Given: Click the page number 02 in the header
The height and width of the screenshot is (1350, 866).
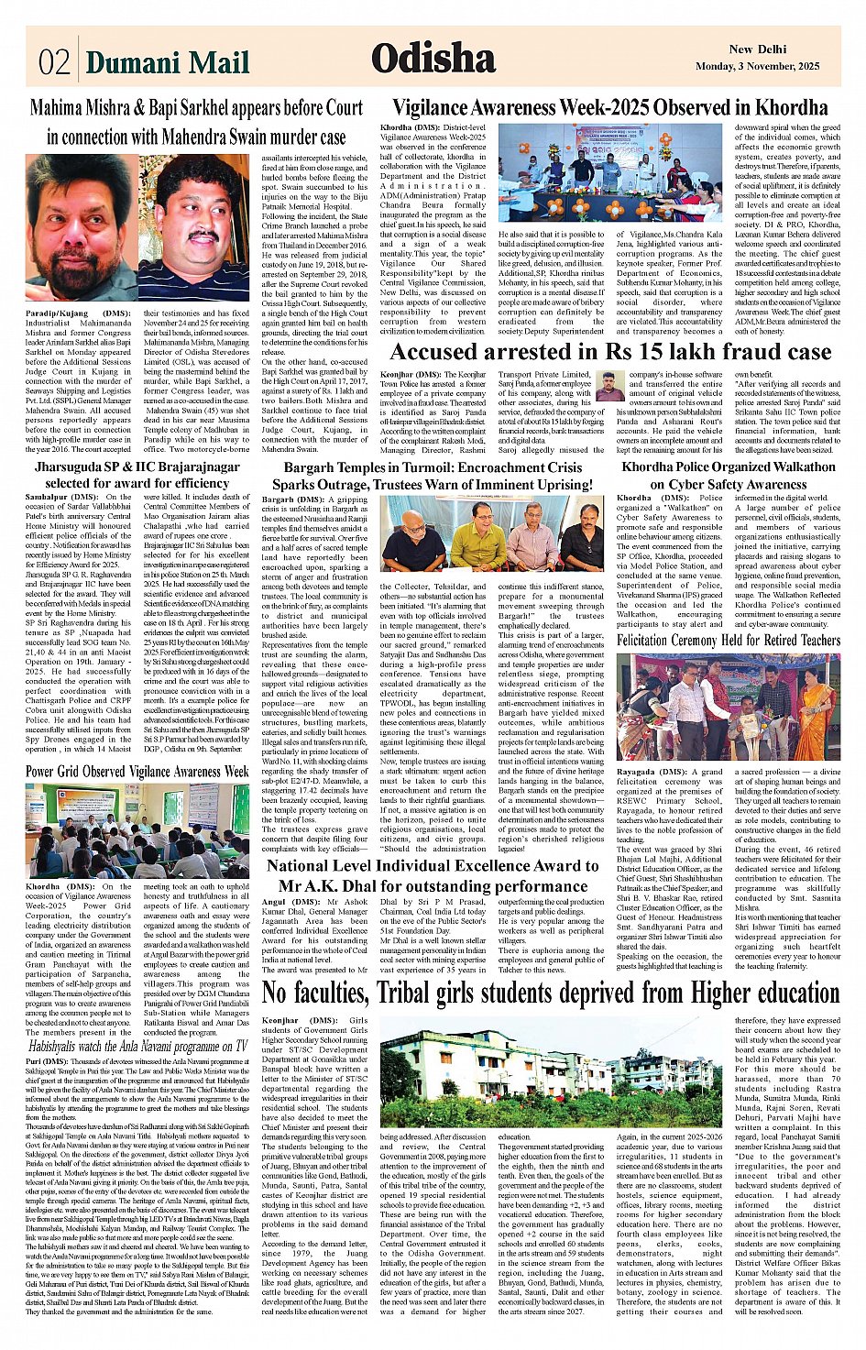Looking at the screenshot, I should click(54, 61).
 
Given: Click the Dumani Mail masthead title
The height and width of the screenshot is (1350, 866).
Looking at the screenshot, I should click(167, 62).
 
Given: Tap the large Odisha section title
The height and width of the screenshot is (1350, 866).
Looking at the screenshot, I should click(433, 59).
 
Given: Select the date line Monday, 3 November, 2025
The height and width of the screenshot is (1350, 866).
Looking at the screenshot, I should click(757, 67).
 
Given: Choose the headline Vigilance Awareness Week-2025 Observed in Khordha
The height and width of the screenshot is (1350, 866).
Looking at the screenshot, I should click(609, 107).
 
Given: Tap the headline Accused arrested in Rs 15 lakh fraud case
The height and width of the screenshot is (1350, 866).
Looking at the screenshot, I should click(610, 352).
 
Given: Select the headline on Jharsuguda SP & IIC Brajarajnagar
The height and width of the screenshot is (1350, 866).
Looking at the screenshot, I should click(137, 475).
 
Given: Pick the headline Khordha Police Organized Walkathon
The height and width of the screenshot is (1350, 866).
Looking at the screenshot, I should click(729, 475).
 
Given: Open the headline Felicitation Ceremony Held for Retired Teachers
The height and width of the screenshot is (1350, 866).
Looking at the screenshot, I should click(729, 640).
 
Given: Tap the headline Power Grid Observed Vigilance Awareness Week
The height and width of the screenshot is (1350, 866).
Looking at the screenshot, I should click(137, 772).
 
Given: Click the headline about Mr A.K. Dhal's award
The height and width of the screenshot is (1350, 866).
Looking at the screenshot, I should click(433, 876).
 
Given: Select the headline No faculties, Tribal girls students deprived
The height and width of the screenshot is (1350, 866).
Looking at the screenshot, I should click(551, 993).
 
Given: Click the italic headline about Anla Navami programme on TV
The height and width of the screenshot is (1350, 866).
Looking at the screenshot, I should click(137, 1046).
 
